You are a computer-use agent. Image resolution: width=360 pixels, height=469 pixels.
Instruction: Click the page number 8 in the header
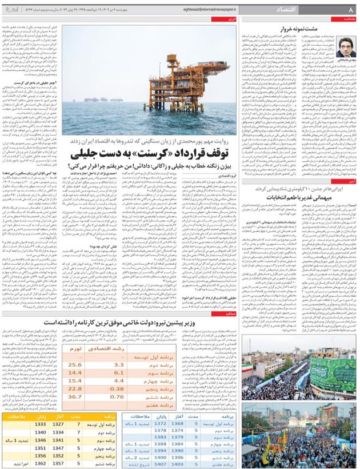point(350,10)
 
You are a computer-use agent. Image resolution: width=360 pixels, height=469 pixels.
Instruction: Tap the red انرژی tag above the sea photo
point(232,19)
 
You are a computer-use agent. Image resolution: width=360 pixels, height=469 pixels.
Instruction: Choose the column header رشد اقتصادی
point(117,339)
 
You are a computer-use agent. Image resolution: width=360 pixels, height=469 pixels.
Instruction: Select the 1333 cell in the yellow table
point(40,424)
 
